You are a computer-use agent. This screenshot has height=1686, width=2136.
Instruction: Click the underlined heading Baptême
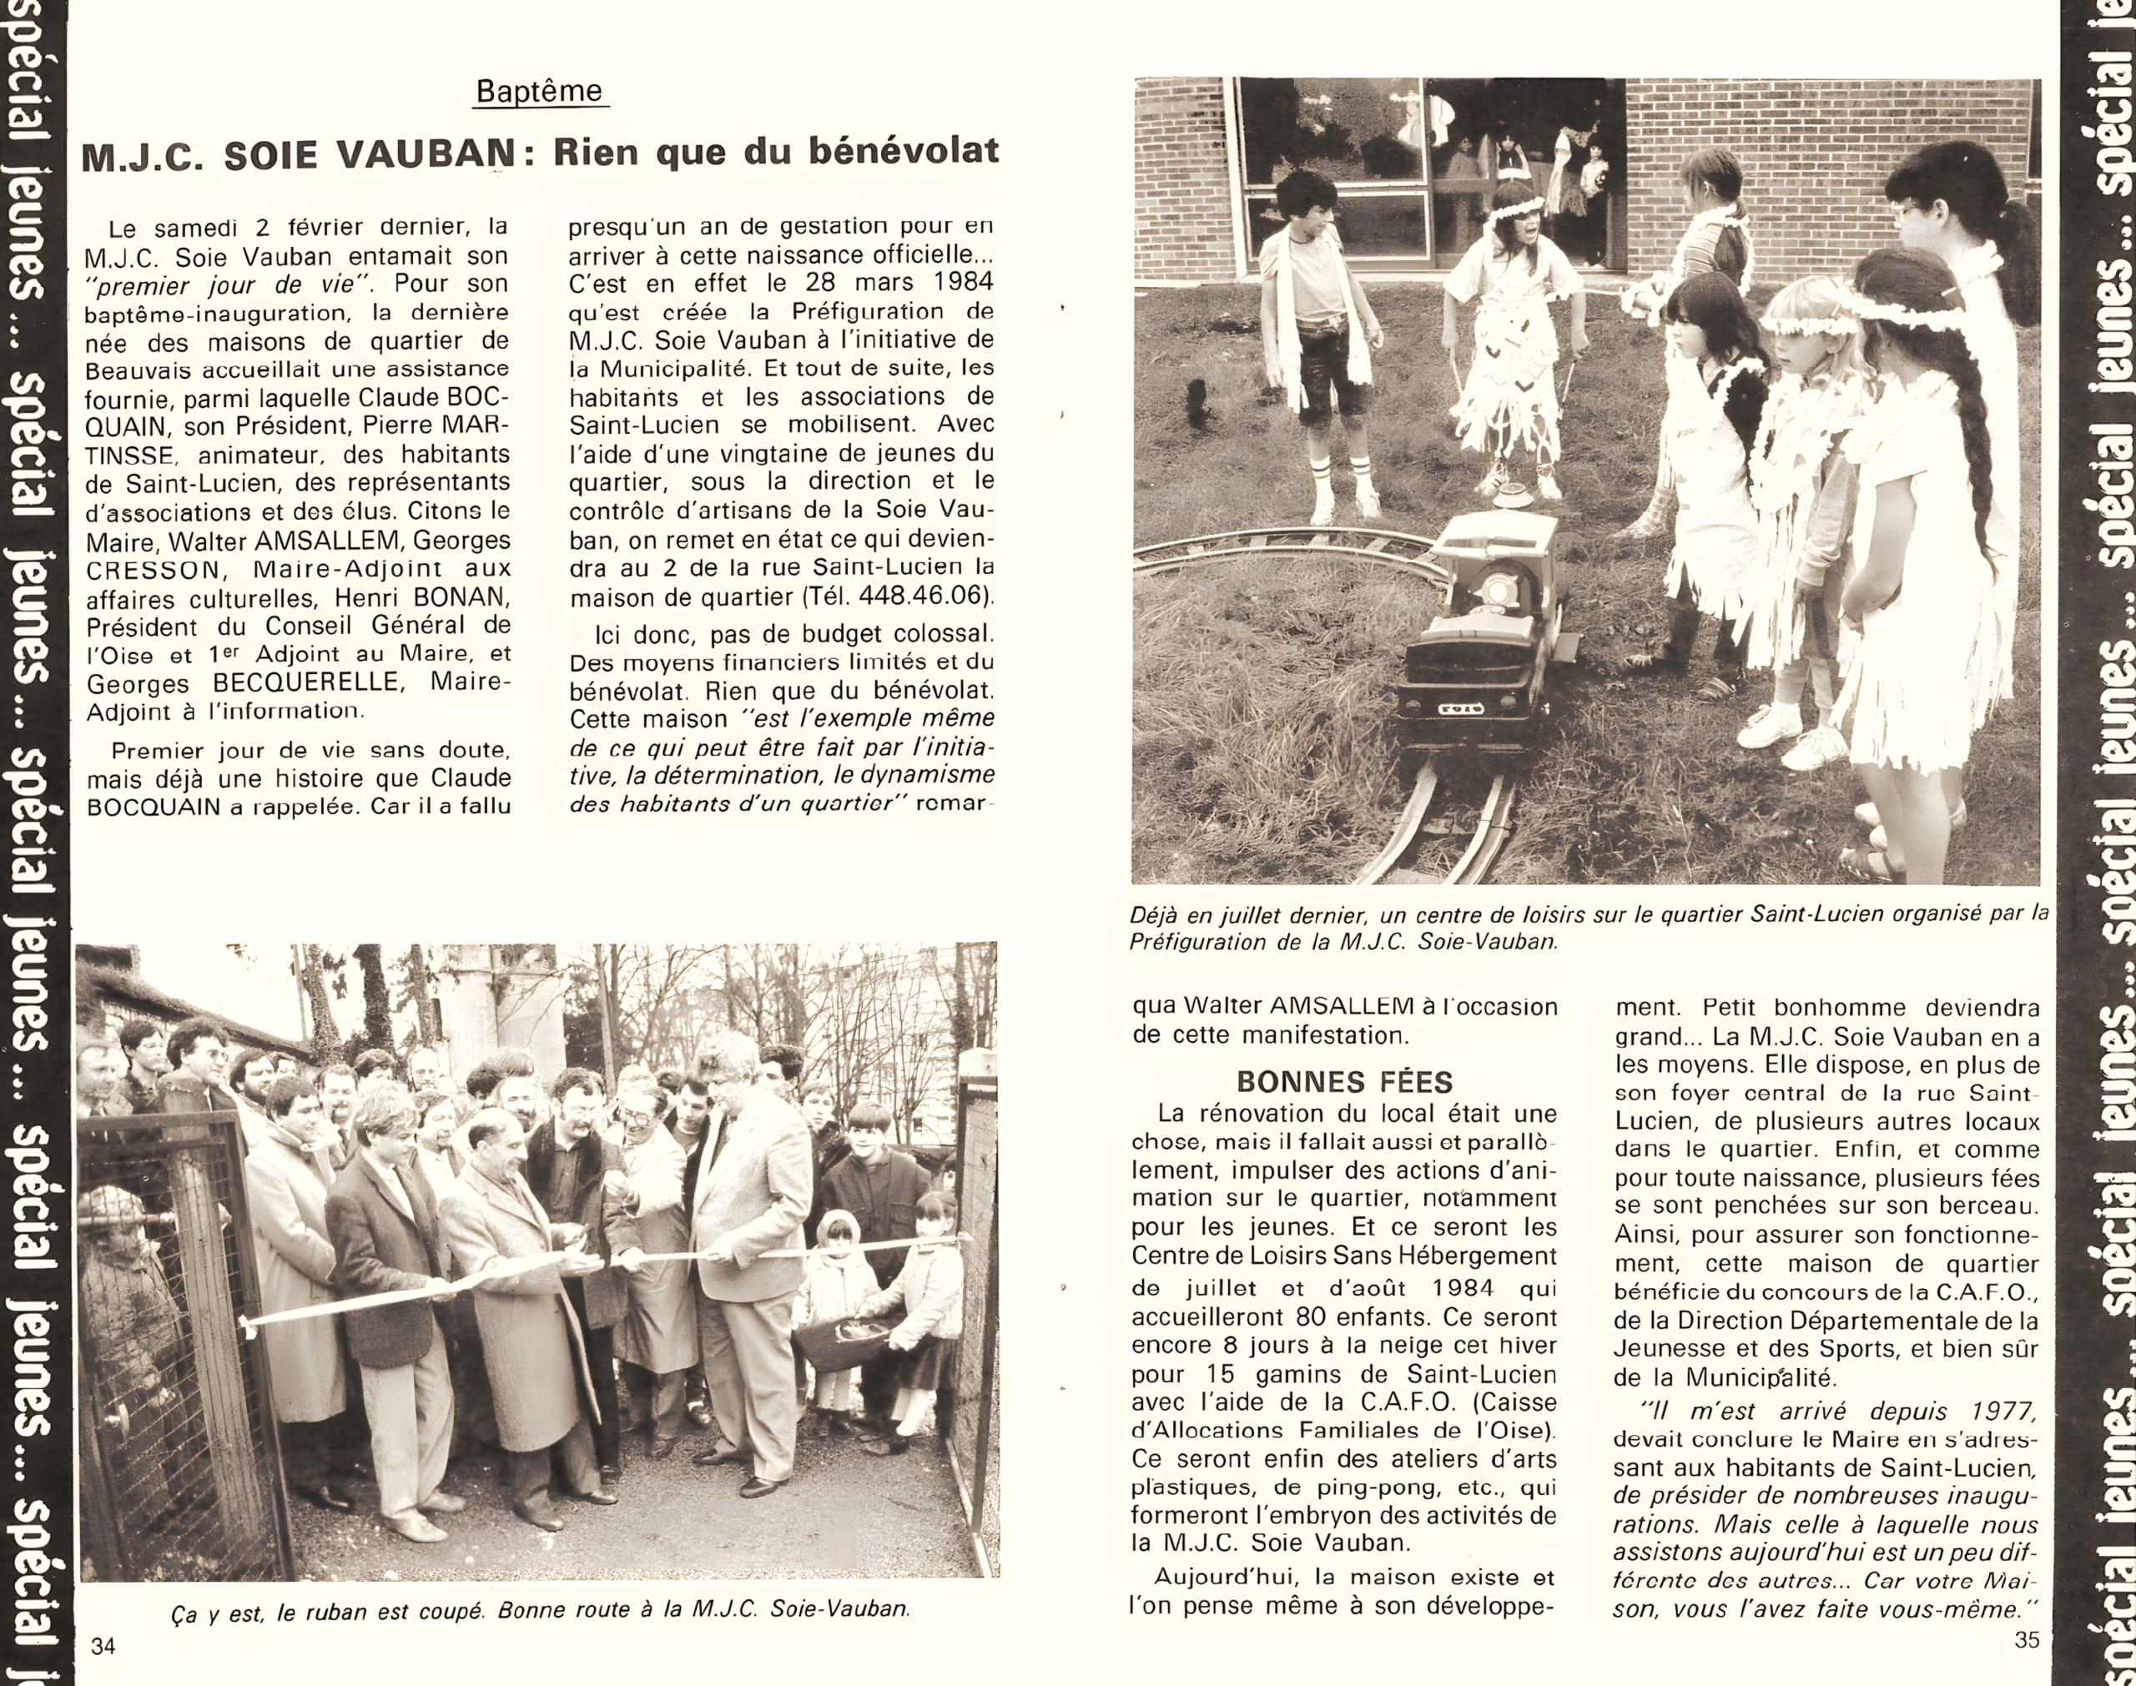[x=539, y=91]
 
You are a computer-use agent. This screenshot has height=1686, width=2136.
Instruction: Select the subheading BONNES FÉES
[x=1343, y=1082]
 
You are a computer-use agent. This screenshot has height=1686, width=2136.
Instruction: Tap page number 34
[x=103, y=1645]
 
